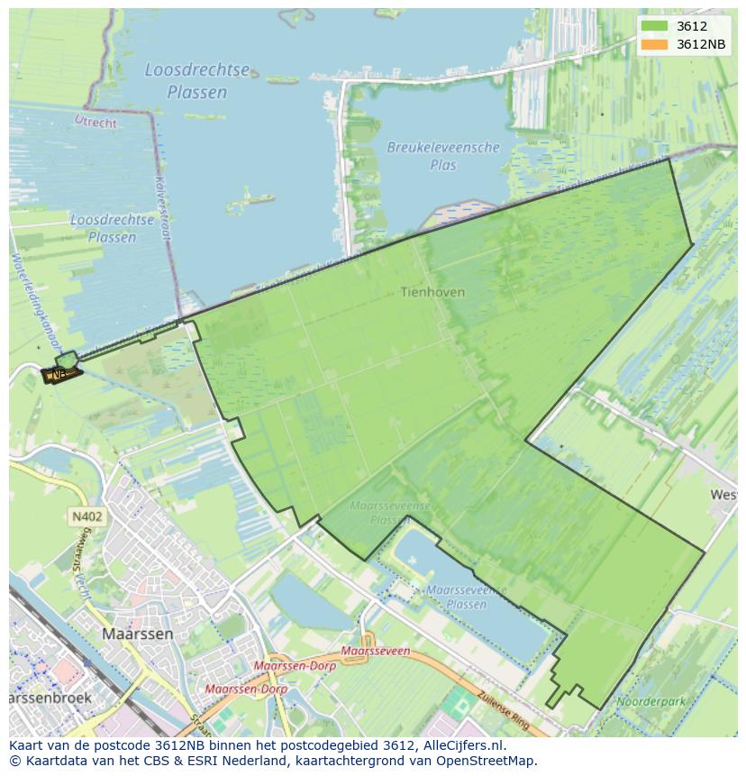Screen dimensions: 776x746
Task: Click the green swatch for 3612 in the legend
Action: click(655, 26)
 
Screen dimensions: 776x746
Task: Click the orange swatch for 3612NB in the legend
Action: click(655, 43)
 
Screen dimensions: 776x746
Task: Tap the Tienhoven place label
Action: click(432, 292)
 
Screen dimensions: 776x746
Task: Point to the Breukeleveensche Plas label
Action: click(443, 156)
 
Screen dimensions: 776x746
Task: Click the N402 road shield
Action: click(86, 516)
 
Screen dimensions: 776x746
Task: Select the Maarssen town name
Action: click(138, 634)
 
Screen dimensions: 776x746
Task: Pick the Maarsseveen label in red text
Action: click(377, 651)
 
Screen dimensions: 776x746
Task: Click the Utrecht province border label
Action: click(95, 121)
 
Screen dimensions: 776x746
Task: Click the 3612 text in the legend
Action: click(692, 26)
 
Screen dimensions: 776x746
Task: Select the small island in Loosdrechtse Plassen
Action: click(250, 197)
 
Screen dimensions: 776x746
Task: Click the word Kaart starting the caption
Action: click(27, 745)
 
